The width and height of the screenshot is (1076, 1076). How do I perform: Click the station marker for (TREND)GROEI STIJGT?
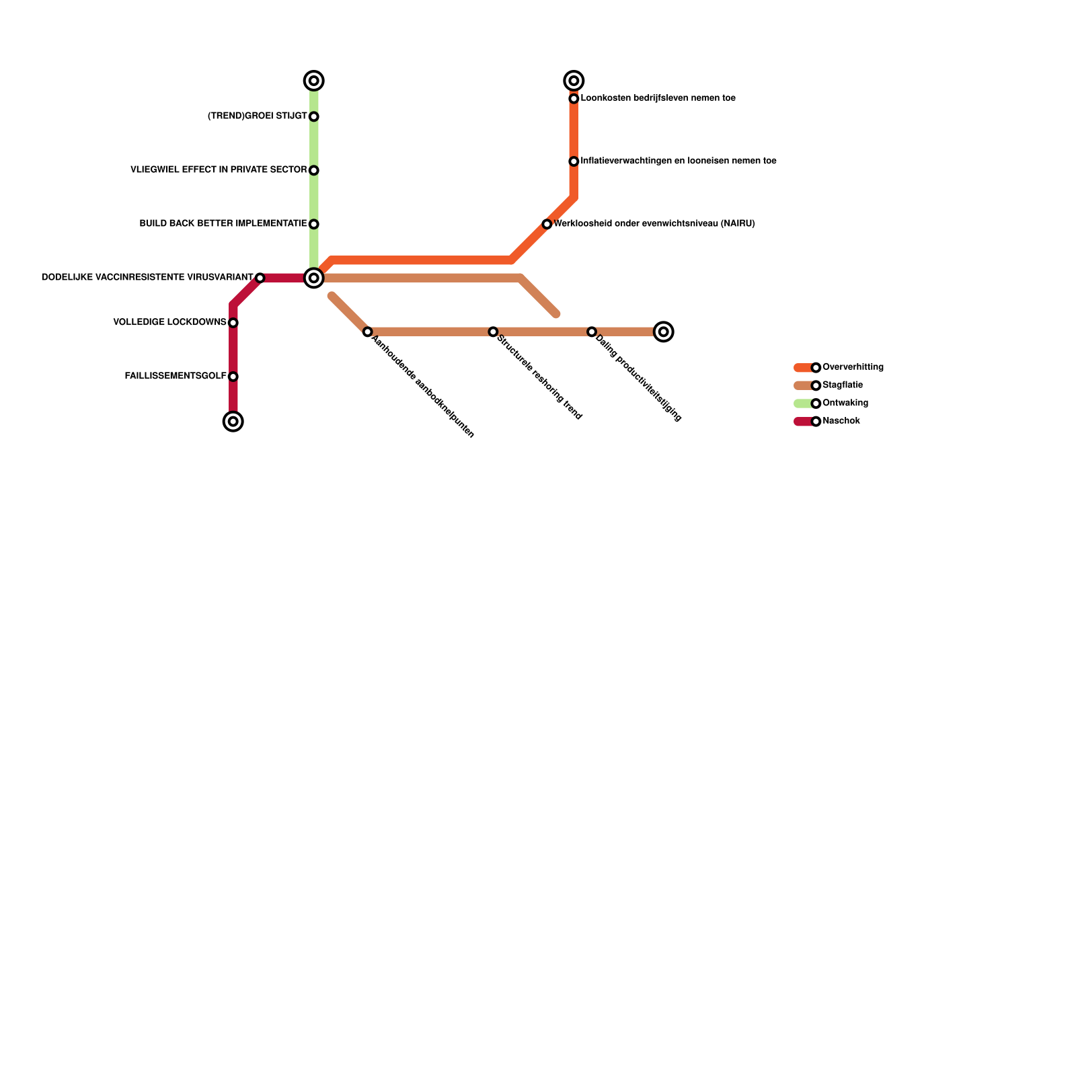pyautogui.click(x=313, y=117)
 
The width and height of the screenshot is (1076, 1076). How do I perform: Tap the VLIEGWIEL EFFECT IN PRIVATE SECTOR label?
pyautogui.click(x=219, y=170)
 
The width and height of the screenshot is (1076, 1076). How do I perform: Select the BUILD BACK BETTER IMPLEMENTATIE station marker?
pyautogui.click(x=313, y=224)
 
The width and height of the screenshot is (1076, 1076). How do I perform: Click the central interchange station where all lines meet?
pyautogui.click(x=313, y=278)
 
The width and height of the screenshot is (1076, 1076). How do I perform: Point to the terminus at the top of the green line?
pyautogui.click(x=313, y=81)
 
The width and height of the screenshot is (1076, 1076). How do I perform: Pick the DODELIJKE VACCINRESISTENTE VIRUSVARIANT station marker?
pyautogui.click(x=260, y=278)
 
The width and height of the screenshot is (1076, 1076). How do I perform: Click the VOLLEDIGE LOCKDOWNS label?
pyautogui.click(x=169, y=323)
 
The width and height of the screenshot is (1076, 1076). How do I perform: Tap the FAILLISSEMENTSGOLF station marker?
pyautogui.click(x=233, y=377)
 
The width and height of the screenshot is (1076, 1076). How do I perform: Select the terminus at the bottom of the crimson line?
pyautogui.click(x=233, y=422)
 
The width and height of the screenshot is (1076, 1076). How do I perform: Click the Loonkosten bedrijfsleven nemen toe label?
pyautogui.click(x=658, y=98)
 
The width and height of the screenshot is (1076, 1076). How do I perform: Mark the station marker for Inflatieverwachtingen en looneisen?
pyautogui.click(x=574, y=161)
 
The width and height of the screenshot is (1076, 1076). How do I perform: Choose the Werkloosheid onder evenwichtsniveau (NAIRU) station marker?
pyautogui.click(x=547, y=224)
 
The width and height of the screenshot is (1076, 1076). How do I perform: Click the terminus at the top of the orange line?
pyautogui.click(x=574, y=81)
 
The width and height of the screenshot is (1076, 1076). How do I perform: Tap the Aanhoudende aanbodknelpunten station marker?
pyautogui.click(x=367, y=332)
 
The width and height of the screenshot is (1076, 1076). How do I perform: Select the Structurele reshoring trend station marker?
pyautogui.click(x=493, y=332)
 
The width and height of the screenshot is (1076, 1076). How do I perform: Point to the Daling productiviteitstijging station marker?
pyautogui.click(x=591, y=332)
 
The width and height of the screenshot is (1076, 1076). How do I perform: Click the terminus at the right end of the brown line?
pyautogui.click(x=664, y=332)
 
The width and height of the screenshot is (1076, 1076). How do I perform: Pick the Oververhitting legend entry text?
pyautogui.click(x=853, y=367)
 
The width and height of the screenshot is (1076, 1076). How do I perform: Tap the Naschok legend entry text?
pyautogui.click(x=841, y=421)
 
